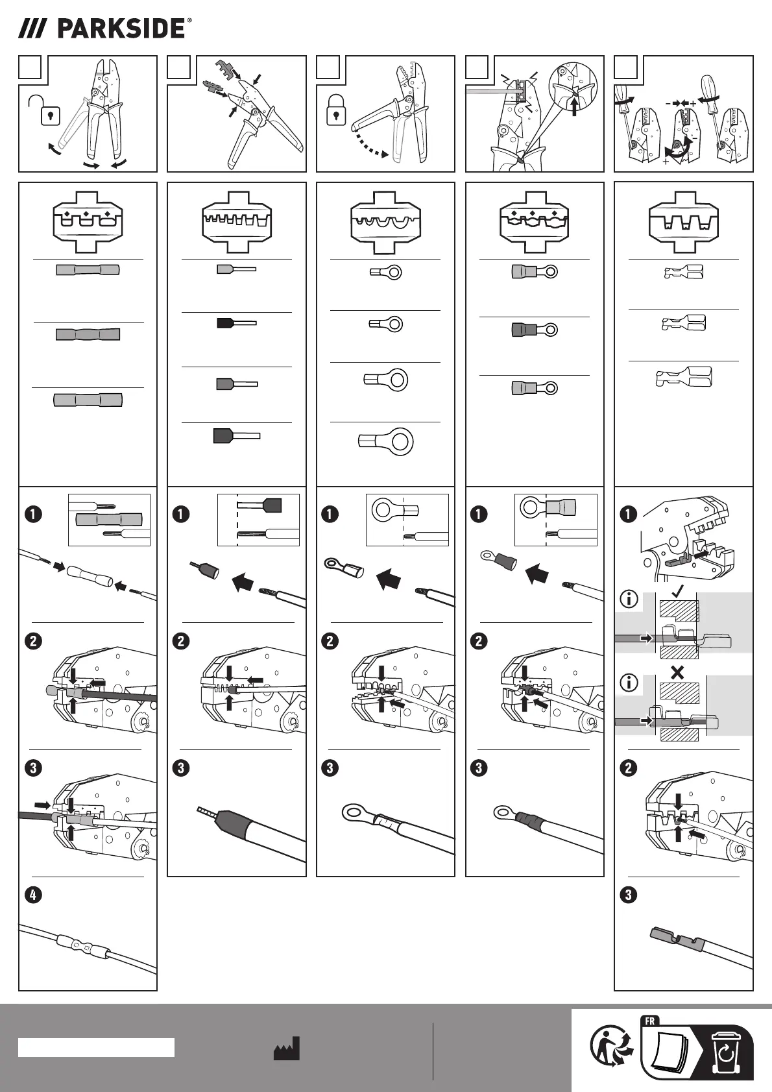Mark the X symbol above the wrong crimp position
pos(677,673)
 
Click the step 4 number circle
pos(33,895)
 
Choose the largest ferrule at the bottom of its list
pos(237,435)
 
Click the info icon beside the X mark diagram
pos(629,682)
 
